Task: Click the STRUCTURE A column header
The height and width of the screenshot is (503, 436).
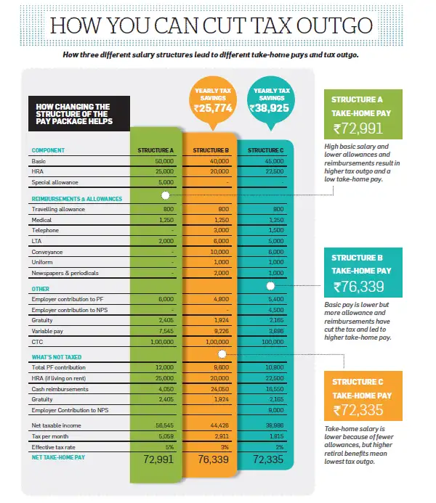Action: (x=154, y=150)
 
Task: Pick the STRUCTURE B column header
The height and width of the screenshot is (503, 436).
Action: (x=211, y=150)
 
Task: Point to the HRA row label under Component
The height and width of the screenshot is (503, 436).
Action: (x=37, y=172)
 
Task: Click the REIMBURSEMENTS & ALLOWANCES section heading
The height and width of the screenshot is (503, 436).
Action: (x=76, y=198)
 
